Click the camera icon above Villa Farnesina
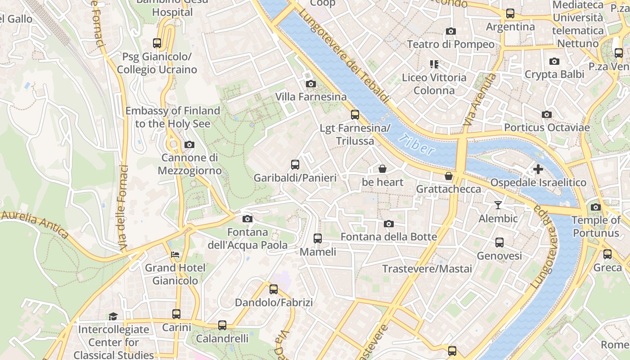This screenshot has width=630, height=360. point(310,84)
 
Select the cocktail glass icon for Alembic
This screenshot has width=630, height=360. point(498,205)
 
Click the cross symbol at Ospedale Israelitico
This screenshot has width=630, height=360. point(538,169)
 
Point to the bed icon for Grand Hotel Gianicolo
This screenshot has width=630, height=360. point(175,255)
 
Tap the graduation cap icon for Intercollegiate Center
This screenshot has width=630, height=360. point(113,316)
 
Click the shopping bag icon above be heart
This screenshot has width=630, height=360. point(382,169)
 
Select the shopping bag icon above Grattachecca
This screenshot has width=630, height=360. point(448,176)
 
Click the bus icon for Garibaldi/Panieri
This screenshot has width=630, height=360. point(295,164)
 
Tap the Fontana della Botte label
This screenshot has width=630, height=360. point(389,237)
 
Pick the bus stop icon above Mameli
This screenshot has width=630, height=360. point(318,238)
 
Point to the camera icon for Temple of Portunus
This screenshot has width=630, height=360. point(596,207)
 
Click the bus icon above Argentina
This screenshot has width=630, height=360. point(510,13)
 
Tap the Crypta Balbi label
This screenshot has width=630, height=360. point(554,74)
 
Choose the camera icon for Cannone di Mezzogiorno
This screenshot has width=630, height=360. point(189,144)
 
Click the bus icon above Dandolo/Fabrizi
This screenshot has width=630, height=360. point(274,289)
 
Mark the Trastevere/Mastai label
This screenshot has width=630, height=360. point(427,269)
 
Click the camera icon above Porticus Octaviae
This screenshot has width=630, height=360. point(547,114)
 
